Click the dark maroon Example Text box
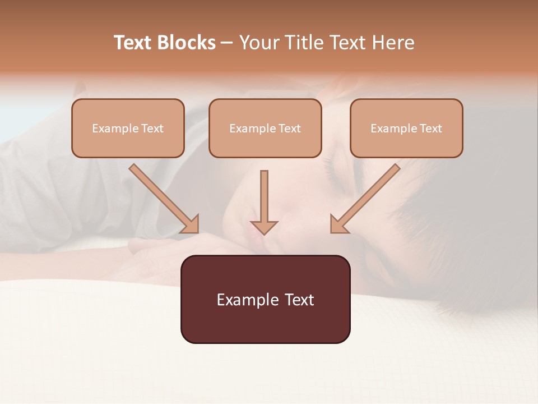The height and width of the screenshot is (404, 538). [265, 323]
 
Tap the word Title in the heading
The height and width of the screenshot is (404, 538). [306, 43]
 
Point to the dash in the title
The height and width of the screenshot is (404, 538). [227, 43]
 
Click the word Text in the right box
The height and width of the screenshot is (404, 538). [430, 128]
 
